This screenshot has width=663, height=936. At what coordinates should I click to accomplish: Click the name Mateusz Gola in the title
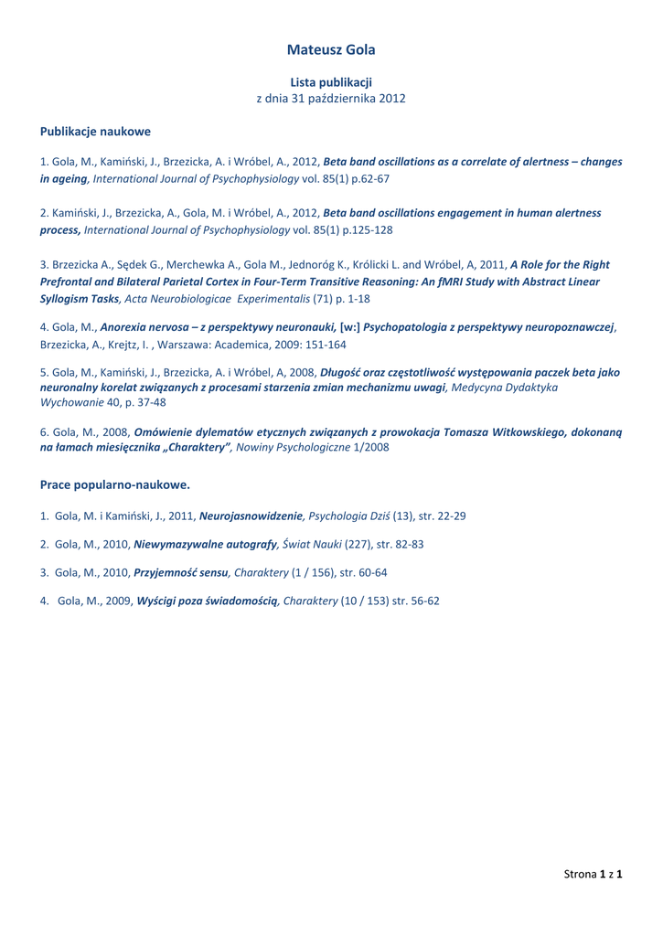click(331, 49)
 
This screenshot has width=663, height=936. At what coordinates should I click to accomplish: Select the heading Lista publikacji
click(331, 82)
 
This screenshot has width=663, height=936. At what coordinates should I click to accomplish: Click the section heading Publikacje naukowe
click(95, 132)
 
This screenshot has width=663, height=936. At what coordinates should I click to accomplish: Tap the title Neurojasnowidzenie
click(250, 516)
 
